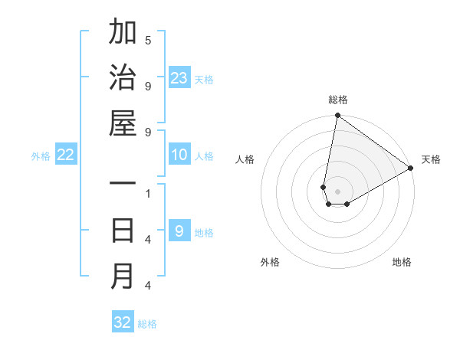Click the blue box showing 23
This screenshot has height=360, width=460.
click(179, 78)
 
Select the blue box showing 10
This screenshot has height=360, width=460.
click(179, 155)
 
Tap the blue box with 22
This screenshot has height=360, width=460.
click(66, 155)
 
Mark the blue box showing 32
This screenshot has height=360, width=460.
click(123, 322)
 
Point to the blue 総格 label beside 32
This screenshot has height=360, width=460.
click(147, 324)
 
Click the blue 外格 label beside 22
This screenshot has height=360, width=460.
click(41, 156)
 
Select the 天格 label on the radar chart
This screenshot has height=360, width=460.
click(431, 159)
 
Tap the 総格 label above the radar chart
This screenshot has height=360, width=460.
click(338, 100)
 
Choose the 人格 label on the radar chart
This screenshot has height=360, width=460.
click(245, 159)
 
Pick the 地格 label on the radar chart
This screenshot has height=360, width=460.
click(402, 262)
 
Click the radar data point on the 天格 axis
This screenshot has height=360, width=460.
click(411, 169)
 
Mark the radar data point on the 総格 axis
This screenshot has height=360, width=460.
click(337, 116)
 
